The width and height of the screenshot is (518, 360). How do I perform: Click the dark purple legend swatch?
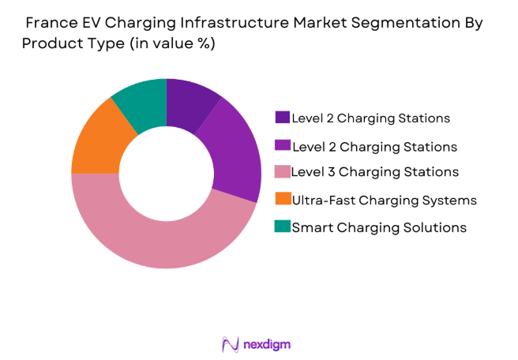[282, 118]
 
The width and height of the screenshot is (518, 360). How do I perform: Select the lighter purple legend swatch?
[282, 145]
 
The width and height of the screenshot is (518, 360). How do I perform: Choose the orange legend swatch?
[282, 200]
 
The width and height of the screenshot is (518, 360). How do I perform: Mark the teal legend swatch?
[282, 227]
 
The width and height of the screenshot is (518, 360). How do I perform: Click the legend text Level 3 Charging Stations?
[373, 172]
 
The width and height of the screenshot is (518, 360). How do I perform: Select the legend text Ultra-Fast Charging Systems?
[384, 200]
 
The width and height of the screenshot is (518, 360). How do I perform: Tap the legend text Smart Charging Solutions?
[379, 227]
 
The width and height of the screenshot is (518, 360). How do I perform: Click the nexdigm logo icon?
[230, 344]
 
